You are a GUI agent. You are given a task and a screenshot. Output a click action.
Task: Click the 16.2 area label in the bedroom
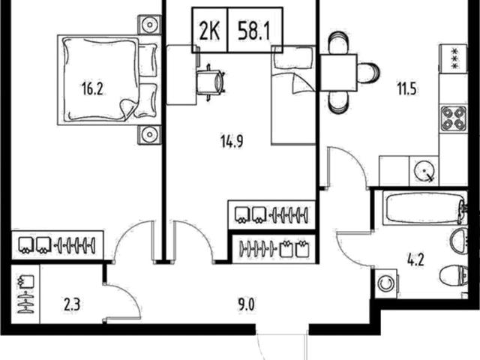point(92,89)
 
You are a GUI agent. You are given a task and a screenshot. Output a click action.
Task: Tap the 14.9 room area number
point(232,142)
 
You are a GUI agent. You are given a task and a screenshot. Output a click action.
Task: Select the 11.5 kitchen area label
point(406,89)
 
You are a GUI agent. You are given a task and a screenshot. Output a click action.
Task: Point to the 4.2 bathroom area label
point(415,260)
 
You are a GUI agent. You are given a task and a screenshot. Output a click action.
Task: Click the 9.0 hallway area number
point(246,305)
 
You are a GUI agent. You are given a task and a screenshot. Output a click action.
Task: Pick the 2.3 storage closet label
point(72,305)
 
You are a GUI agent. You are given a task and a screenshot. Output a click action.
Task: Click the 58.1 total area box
point(255,30)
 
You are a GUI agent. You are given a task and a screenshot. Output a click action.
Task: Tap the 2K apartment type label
point(210,30)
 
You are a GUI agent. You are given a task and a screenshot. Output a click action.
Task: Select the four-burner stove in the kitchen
point(453,119)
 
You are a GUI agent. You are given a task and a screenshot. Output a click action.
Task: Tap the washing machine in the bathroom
point(386,283)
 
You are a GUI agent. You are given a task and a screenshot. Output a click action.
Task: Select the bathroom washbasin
point(459,241)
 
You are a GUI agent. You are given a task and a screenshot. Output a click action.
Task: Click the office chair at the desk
point(210,82)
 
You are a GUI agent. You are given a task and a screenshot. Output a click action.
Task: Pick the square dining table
point(338,73)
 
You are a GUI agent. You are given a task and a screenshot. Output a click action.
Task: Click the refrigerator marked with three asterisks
point(453,58)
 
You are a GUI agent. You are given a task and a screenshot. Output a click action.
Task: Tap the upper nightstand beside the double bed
point(149,25)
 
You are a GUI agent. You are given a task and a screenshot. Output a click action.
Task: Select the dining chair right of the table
point(368,73)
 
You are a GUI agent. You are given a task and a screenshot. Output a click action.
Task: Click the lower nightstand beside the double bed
point(149,134)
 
